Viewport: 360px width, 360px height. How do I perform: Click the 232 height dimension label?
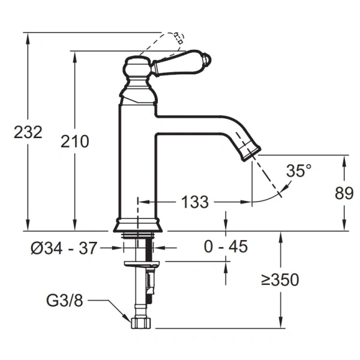pyautogui.click(x=28, y=132)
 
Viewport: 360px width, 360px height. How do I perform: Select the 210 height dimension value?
pyautogui.click(x=74, y=141)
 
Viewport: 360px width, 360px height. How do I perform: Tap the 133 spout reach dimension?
pyautogui.click(x=195, y=202)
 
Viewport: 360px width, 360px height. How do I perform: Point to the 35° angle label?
pyautogui.click(x=299, y=170)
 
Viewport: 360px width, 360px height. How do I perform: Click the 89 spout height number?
pyautogui.click(x=344, y=193)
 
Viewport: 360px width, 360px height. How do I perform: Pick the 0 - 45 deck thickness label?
pyautogui.click(x=226, y=247)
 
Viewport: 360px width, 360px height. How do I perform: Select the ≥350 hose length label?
pyautogui.click(x=280, y=280)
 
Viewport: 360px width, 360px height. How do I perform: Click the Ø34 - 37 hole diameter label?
pyautogui.click(x=64, y=248)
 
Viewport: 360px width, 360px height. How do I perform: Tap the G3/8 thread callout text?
pyautogui.click(x=65, y=301)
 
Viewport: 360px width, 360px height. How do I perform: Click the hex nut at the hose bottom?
pyautogui.click(x=142, y=323)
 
